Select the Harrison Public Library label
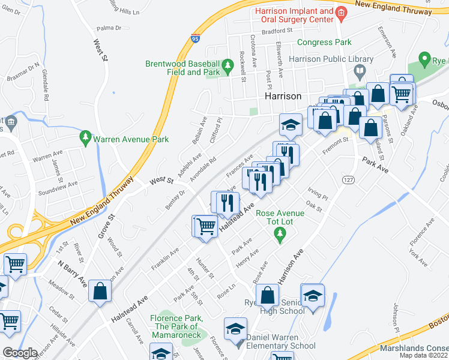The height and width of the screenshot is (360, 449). point(331,59)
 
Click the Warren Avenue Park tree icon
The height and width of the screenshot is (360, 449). point(86,139)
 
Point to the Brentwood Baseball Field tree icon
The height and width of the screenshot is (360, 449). point(228,65)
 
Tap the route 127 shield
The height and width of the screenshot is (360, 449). point(348,179)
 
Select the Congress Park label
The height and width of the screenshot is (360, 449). point(324,43)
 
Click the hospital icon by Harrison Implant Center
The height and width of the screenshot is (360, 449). point(341,12)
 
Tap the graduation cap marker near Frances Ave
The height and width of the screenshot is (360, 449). point(291,125)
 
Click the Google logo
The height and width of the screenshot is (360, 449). point(20,353)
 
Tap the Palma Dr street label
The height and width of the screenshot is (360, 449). point(109,28)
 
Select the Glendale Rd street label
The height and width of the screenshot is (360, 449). point(46,84)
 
